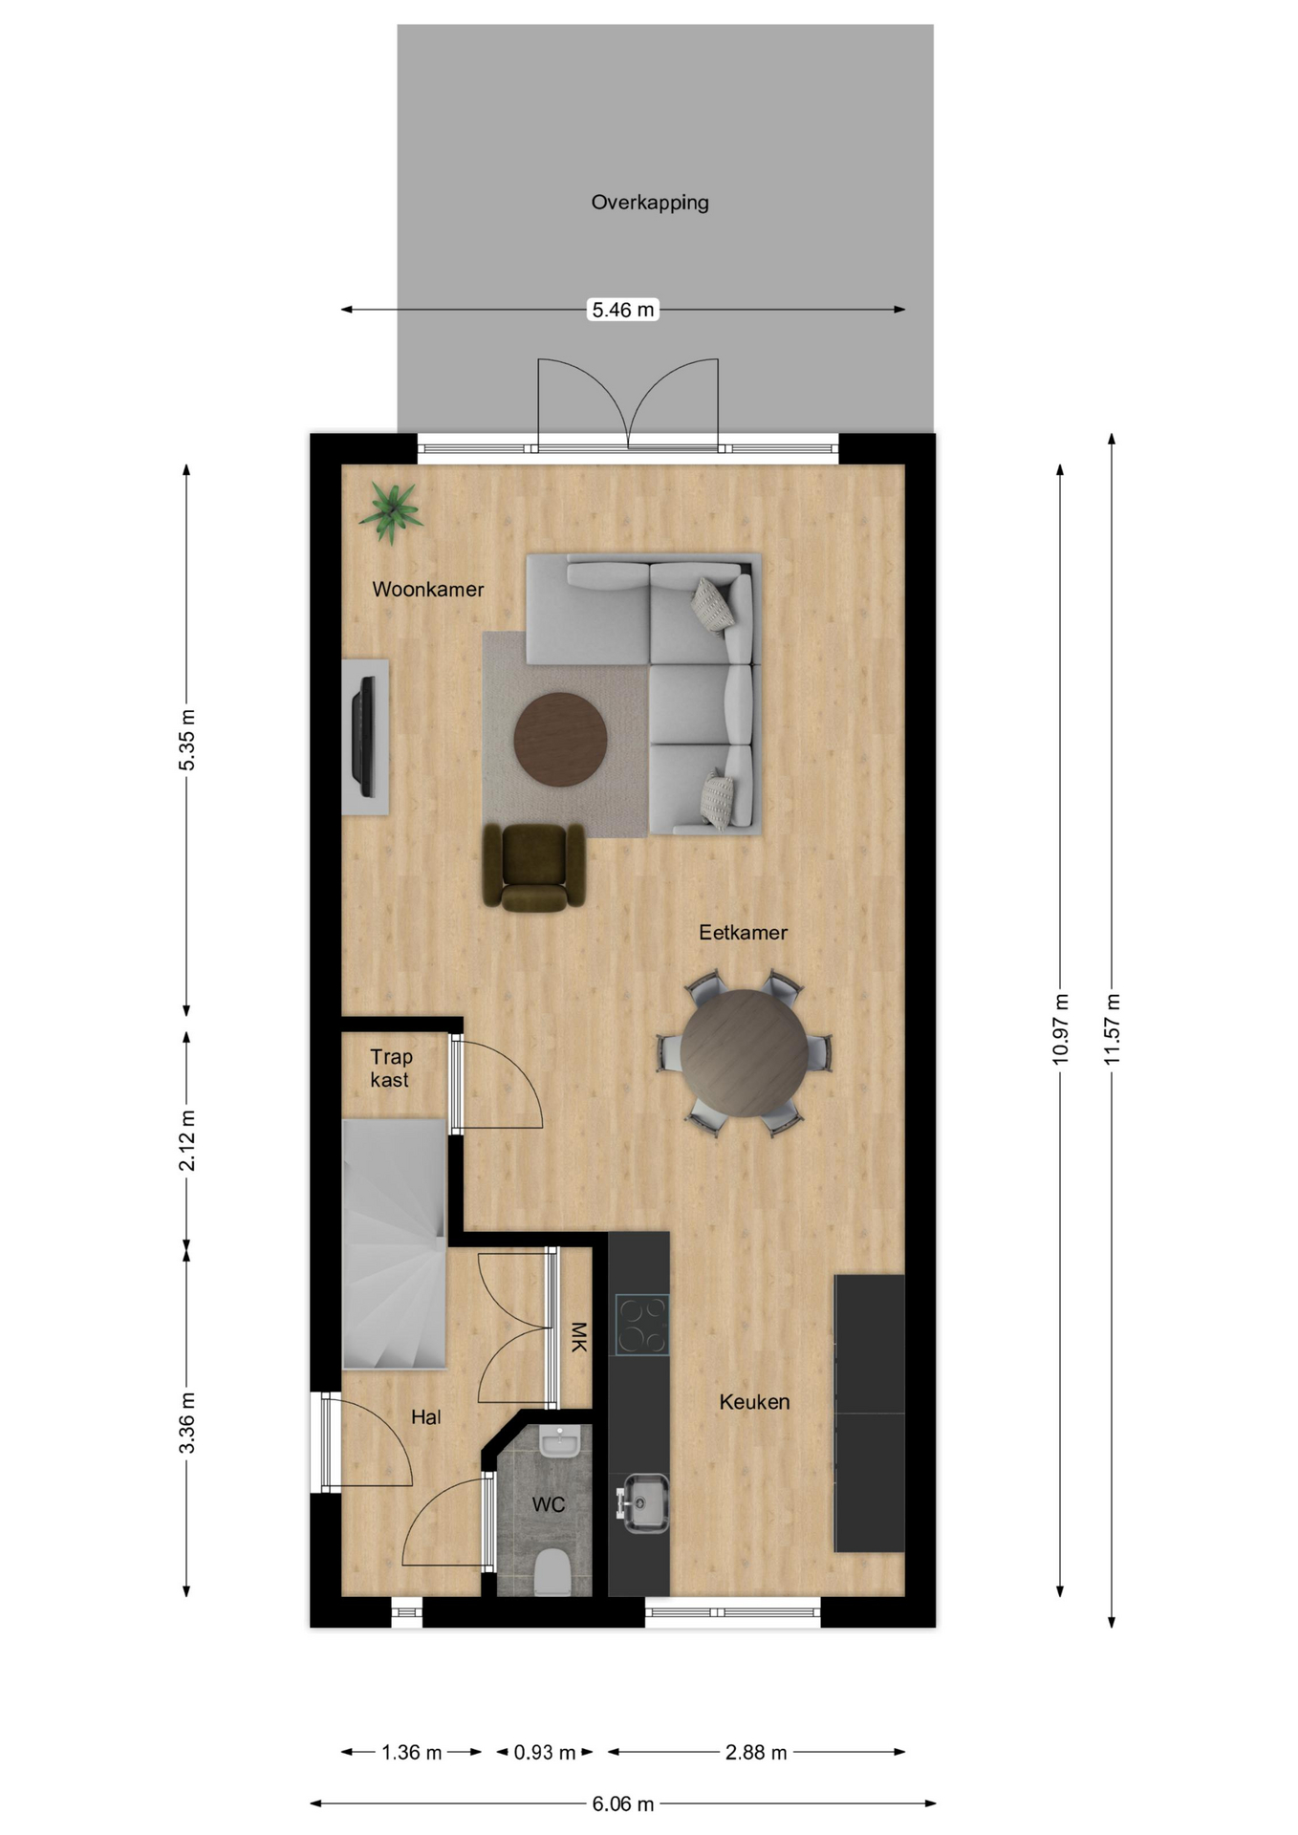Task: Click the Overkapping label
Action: pos(650,203)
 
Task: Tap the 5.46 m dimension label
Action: pos(623,310)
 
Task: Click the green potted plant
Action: pos(391,511)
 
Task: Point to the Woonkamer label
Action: pos(428,590)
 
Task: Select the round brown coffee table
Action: pos(560,740)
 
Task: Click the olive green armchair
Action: pos(533,867)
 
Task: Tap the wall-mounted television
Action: pos(364,736)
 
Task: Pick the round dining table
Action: pos(745,1053)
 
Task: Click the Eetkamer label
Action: pos(743,933)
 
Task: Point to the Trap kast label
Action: pos(391,1069)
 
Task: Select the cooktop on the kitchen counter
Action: pos(641,1325)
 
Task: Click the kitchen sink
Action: pos(644,1503)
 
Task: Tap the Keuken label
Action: pos(754,1402)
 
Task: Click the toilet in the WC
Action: pos(552,1572)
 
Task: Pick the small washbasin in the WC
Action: pos(560,1440)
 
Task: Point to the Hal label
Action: pos(426,1417)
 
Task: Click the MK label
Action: pos(578,1337)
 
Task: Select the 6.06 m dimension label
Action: pos(623,1804)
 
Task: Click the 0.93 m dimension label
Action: pos(545,1753)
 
